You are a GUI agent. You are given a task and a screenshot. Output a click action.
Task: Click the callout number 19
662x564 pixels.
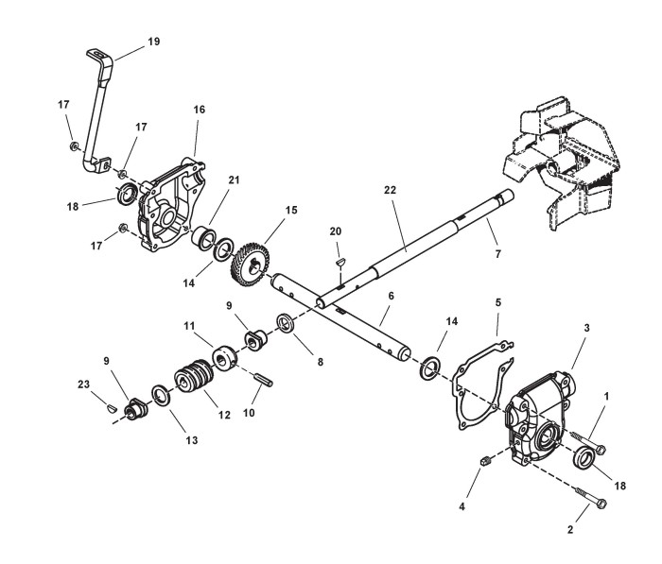click(x=154, y=42)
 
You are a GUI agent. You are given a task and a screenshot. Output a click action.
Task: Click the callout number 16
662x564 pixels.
click(x=199, y=111)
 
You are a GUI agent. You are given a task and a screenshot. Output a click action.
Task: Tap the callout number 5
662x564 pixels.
click(x=497, y=305)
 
